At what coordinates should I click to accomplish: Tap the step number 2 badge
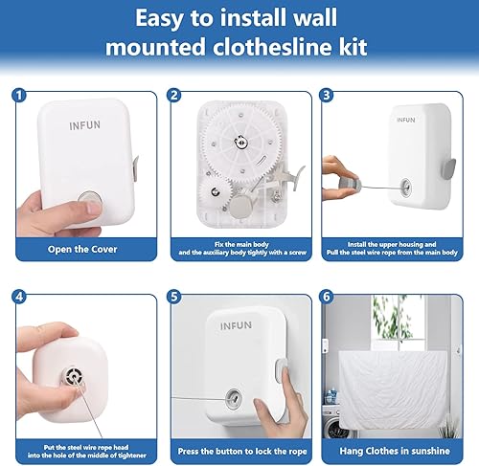(174, 95)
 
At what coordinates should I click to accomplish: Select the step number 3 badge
(328, 95)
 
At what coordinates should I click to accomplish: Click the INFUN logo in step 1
(84, 125)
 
